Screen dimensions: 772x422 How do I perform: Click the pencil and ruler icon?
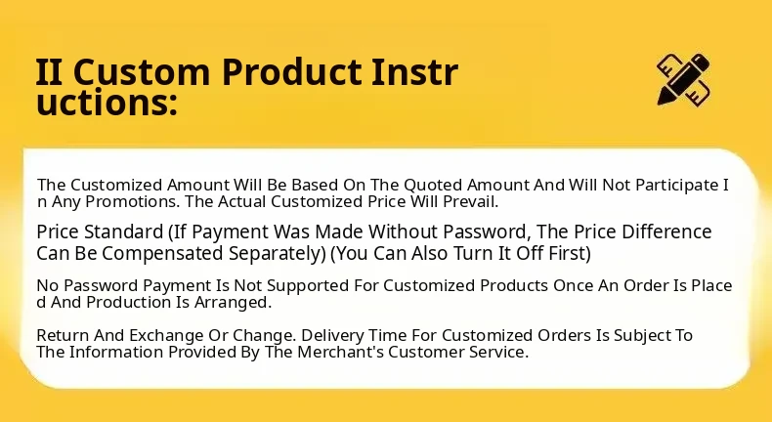(683, 79)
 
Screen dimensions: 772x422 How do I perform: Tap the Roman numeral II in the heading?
(49, 72)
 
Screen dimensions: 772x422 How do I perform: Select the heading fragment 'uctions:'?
(107, 103)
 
